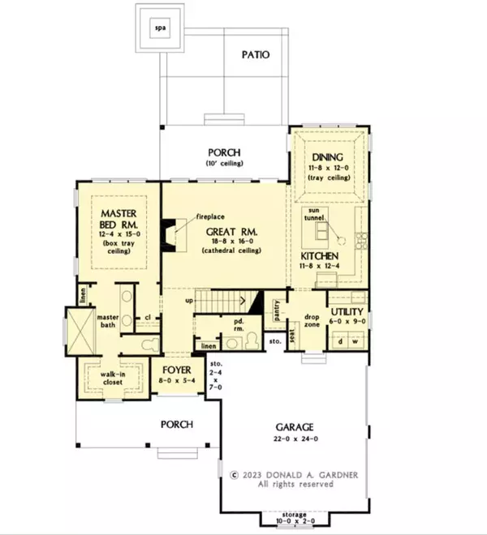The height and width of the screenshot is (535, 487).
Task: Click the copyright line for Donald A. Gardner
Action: tap(281, 475)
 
